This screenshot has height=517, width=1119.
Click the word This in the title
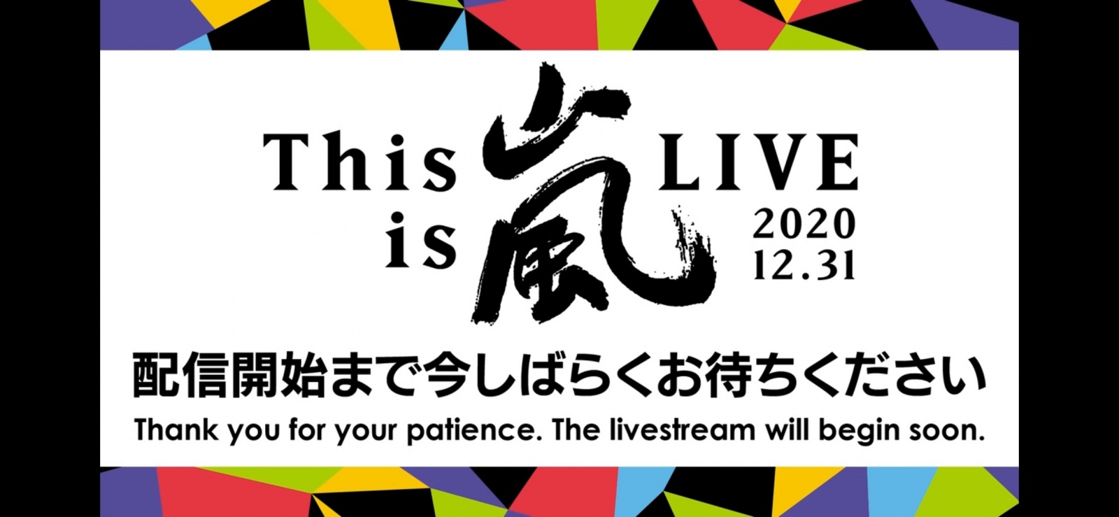(x=359, y=162)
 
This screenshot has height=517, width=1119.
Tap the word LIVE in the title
(x=759, y=162)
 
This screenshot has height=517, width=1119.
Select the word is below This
(x=420, y=240)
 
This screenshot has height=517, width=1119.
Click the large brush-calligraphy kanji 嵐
(x=592, y=194)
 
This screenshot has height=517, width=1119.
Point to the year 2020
(x=804, y=225)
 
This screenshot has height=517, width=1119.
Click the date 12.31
(x=804, y=264)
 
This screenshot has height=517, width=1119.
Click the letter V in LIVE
(x=770, y=162)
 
